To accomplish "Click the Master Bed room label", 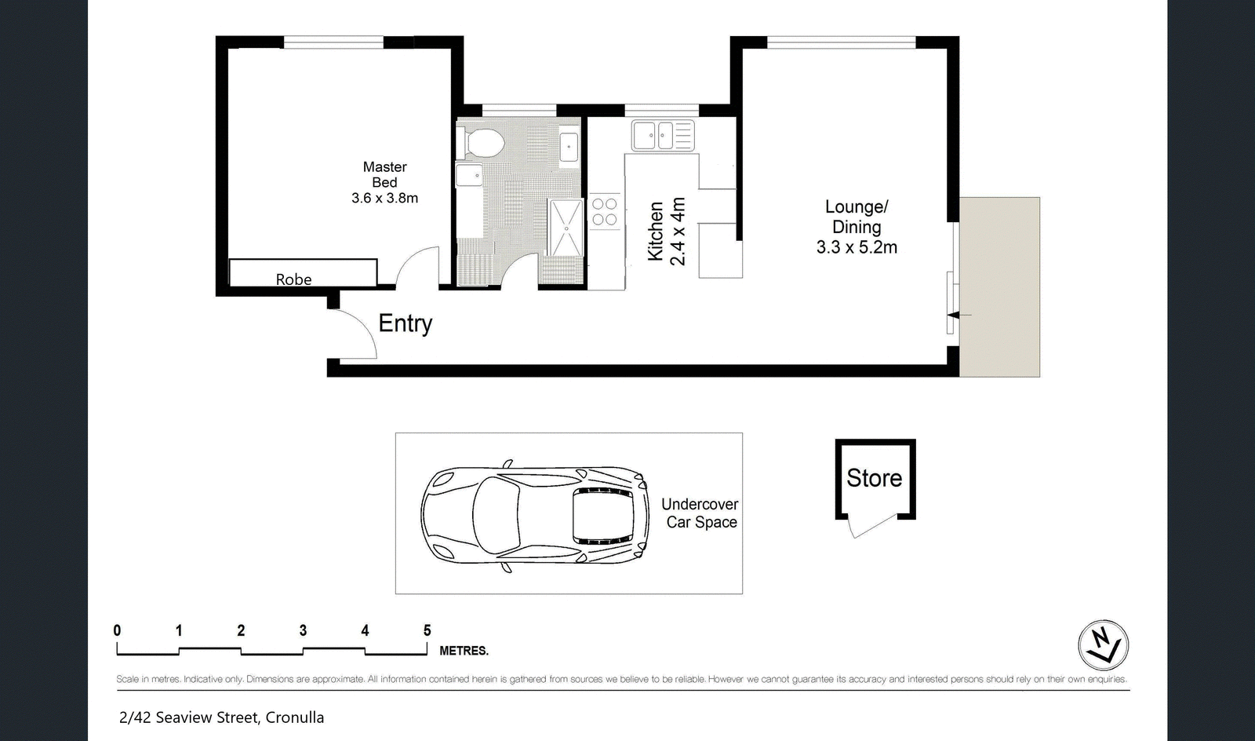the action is tap(385, 182).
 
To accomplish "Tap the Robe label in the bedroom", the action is tap(293, 279).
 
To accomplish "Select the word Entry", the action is tap(405, 323).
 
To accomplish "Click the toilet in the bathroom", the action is tap(481, 143).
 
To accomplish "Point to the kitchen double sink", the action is tap(663, 136).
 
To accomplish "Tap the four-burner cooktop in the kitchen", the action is tap(605, 211).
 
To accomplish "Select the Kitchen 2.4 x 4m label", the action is tap(666, 231).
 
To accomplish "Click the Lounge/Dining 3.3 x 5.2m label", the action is tap(857, 227).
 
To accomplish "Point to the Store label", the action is tap(874, 478).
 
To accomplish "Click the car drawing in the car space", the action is tap(535, 516).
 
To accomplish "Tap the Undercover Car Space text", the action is tap(700, 513).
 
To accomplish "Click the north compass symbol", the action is tap(1103, 644).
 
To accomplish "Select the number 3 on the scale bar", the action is tap(303, 630).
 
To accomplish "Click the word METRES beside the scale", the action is tap(464, 651).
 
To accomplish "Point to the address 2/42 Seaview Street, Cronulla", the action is tap(221, 717).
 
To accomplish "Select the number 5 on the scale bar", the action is tap(427, 630).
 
